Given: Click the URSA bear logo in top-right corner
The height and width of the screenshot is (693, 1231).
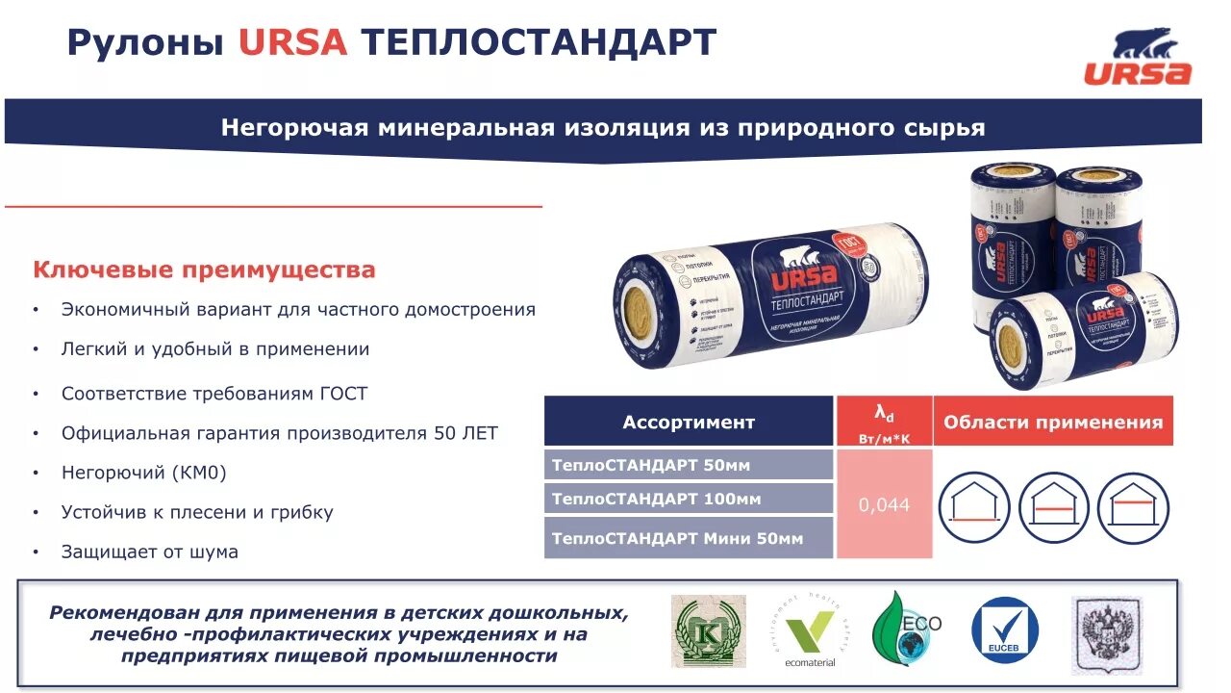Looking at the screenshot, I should pyautogui.click(x=1138, y=57).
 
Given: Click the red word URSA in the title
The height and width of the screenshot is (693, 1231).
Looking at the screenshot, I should pyautogui.click(x=292, y=42).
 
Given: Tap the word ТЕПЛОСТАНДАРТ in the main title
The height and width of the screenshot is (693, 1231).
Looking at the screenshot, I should pyautogui.click(x=539, y=42).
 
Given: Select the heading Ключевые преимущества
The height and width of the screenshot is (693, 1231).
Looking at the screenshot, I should pyautogui.click(x=204, y=269).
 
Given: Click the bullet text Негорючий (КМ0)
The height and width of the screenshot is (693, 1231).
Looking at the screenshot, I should pyautogui.click(x=144, y=473).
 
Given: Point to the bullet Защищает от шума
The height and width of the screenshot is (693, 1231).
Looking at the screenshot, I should pyautogui.click(x=150, y=552).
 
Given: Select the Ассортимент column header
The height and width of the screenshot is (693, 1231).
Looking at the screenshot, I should pyautogui.click(x=689, y=422).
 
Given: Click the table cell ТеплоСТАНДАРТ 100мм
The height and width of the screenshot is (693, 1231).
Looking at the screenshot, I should pyautogui.click(x=656, y=499).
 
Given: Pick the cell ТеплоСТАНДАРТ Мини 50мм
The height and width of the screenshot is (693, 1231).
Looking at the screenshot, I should pyautogui.click(x=677, y=538).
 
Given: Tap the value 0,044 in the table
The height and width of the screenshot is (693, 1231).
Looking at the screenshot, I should pyautogui.click(x=885, y=504).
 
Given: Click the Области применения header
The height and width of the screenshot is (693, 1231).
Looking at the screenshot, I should pyautogui.click(x=1053, y=422).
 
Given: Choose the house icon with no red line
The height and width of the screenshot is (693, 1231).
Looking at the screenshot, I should pyautogui.click(x=973, y=507).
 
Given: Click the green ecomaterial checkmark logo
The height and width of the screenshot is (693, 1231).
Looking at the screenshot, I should pyautogui.click(x=810, y=630).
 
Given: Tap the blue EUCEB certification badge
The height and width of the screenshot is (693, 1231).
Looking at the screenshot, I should pyautogui.click(x=1005, y=630).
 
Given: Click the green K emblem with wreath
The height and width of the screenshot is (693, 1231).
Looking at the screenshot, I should pyautogui.click(x=709, y=630).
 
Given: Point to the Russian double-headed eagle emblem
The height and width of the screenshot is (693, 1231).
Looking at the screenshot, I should pyautogui.click(x=1106, y=632).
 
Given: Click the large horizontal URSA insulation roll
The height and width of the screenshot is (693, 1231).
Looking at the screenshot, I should pyautogui.click(x=772, y=298).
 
